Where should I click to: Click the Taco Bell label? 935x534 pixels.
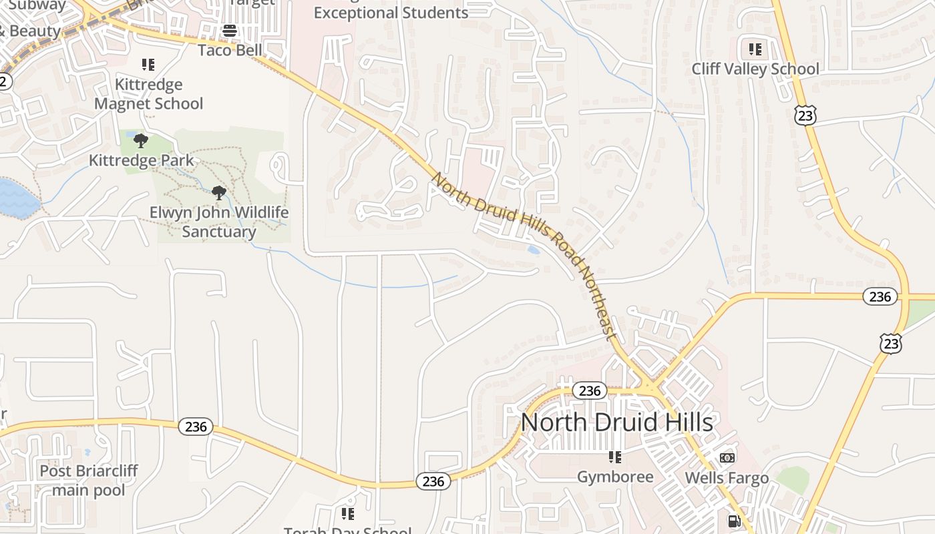tap(230, 50)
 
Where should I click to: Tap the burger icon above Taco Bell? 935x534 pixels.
tap(230, 31)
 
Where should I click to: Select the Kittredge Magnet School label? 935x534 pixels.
tap(148, 94)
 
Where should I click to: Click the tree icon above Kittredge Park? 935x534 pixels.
tap(140, 141)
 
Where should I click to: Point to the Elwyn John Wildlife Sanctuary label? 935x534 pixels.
tap(219, 222)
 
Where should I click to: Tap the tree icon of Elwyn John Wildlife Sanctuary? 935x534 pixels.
tap(218, 194)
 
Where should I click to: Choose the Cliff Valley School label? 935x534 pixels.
tap(755, 69)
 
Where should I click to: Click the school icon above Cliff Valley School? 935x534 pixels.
tap(755, 49)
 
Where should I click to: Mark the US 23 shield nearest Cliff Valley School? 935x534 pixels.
tap(805, 115)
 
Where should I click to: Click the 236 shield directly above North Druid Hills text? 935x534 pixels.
tap(590, 390)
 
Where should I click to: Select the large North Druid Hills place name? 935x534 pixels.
tap(616, 423)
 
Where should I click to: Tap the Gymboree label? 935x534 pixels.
tap(615, 477)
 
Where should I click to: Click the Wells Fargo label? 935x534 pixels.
tap(727, 478)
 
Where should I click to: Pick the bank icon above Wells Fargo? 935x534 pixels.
tap(727, 458)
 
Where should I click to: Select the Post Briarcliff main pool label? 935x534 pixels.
tap(89, 481)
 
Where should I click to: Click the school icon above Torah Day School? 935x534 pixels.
tap(347, 513)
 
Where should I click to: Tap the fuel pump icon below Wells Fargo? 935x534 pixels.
tap(733, 521)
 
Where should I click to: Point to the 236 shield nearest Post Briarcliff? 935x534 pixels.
tap(196, 426)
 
